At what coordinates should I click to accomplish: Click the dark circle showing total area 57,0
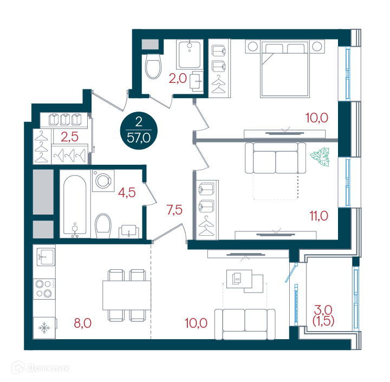point(139,131)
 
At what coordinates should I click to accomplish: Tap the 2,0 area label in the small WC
point(178,79)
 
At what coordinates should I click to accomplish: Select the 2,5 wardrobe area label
point(70,137)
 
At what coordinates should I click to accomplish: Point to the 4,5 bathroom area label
point(127,192)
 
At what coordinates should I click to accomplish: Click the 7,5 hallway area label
point(174,210)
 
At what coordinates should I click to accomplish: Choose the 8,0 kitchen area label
point(83,323)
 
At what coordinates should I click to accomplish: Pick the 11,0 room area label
point(319,216)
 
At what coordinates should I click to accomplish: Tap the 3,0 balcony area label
point(323,310)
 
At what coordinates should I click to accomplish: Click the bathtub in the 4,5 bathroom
point(75,205)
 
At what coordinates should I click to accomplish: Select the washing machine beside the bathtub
point(103,180)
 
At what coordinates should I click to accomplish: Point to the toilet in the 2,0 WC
point(153,66)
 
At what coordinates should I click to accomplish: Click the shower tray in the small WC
point(190,55)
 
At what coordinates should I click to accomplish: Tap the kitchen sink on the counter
point(46,257)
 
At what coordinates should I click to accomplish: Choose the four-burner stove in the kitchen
point(44,289)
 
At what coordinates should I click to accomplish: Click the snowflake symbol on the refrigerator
point(44,328)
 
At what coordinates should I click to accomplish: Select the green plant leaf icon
point(320,157)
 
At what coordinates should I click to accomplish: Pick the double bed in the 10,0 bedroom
point(285,69)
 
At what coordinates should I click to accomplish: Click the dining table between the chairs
point(127,295)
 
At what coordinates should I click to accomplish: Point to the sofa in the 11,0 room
point(275,158)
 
